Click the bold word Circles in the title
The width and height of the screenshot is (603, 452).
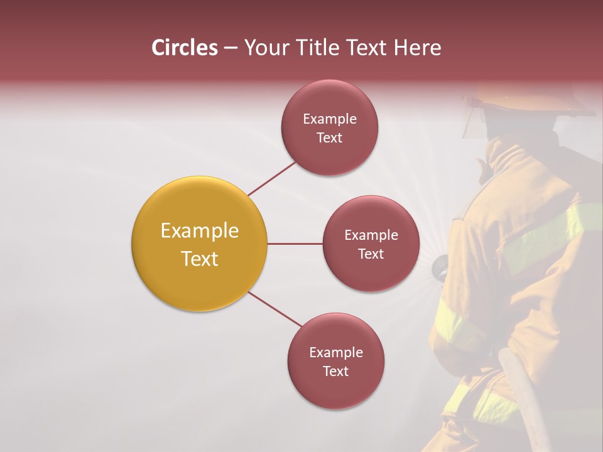tap(185, 48)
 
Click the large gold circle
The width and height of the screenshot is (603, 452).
tap(199, 244)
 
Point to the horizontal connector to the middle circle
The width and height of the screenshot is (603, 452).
tap(295, 244)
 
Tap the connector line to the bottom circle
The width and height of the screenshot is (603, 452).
tap(275, 309)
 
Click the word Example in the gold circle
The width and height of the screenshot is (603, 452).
tap(199, 231)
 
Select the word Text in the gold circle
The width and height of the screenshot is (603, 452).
tap(199, 259)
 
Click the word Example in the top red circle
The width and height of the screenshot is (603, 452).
tap(329, 119)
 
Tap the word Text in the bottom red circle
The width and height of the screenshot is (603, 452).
tap(335, 372)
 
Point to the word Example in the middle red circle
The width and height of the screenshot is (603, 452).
tap(371, 235)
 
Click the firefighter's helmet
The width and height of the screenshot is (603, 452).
tap(534, 104)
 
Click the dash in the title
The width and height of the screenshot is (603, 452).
tap(231, 48)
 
